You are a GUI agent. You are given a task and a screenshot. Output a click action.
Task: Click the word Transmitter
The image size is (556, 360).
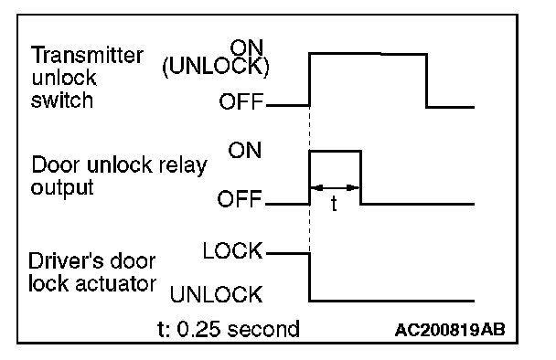click(87, 55)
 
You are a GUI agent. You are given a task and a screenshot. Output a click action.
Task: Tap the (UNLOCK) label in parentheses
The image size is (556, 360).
click(216, 66)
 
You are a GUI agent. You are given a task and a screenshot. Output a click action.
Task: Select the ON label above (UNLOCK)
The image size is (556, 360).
click(247, 48)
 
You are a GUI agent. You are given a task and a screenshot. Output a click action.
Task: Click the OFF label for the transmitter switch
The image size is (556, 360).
click(241, 101)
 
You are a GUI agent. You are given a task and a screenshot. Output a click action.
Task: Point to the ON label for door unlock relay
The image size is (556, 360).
click(245, 150)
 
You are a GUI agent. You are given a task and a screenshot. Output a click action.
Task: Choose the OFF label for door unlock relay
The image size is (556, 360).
click(240, 199)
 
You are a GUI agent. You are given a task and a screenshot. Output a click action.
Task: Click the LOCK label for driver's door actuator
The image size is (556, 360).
click(232, 251)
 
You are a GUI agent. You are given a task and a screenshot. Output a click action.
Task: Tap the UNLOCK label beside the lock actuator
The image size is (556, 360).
click(217, 294)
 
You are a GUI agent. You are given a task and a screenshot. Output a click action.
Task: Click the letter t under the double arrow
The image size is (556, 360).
click(334, 204)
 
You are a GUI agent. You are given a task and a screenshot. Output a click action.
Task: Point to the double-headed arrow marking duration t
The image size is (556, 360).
click(335, 188)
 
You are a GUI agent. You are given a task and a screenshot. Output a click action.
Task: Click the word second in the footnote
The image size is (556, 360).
click(263, 329)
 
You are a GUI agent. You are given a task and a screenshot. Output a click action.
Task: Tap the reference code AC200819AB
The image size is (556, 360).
click(450, 330)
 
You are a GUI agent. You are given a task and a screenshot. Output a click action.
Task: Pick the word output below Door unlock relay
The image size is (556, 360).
click(62, 188)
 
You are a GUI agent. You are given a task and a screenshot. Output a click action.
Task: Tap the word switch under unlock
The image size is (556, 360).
click(62, 101)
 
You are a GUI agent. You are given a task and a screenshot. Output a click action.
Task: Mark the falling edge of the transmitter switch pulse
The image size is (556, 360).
click(426, 80)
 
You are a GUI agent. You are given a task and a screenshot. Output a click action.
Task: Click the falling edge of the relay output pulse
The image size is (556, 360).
click(360, 177)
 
